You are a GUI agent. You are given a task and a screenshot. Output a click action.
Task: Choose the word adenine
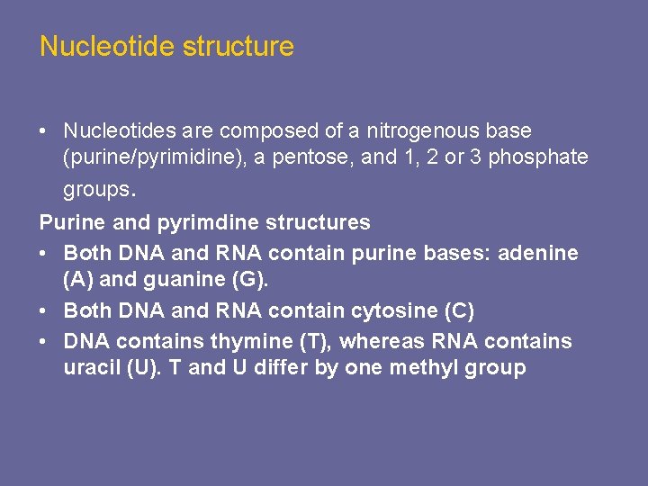(x=539, y=254)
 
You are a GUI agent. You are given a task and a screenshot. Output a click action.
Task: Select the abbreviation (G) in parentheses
(x=247, y=280)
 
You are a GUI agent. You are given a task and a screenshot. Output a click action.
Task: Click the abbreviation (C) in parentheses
(x=457, y=310)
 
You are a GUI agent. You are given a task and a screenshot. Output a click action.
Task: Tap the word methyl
(x=422, y=368)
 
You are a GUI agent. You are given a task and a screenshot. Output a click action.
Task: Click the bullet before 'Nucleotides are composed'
(x=43, y=132)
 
